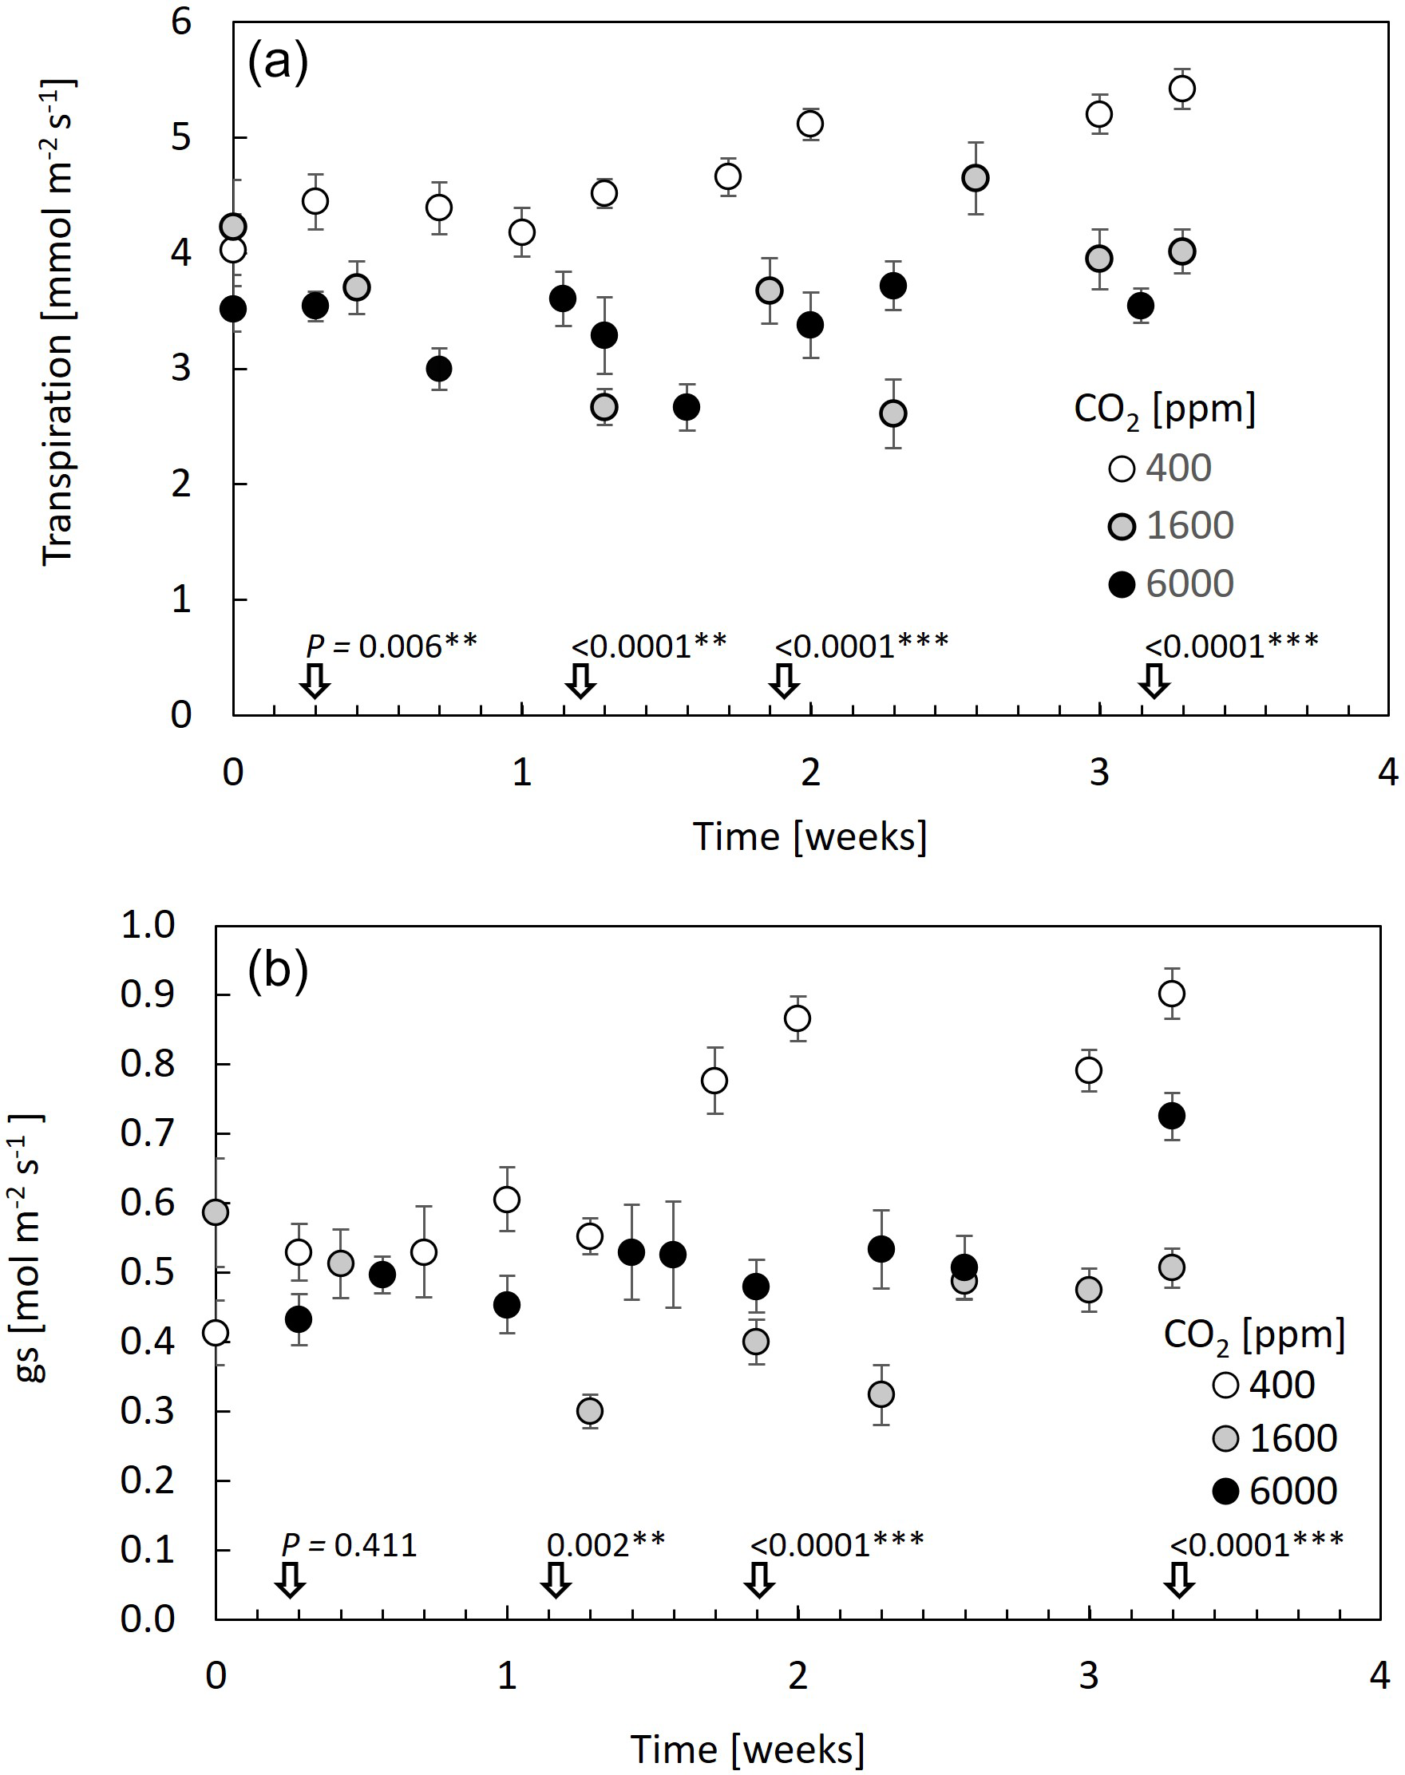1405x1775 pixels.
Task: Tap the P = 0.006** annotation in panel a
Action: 391,646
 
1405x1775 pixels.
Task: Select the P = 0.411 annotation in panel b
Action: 350,1545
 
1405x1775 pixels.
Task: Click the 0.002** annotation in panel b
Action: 605,1545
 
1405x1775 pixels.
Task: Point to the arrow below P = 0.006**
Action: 315,681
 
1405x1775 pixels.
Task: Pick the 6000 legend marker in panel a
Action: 1122,585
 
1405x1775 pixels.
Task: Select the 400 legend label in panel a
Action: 1178,468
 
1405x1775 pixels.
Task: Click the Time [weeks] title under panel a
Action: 810,837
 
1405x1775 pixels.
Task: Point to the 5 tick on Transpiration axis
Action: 181,137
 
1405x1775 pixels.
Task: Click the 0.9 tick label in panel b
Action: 148,995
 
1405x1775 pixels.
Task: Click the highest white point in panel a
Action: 1182,88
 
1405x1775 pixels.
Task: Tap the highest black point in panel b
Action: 1171,1117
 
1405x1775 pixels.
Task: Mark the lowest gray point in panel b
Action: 590,1411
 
